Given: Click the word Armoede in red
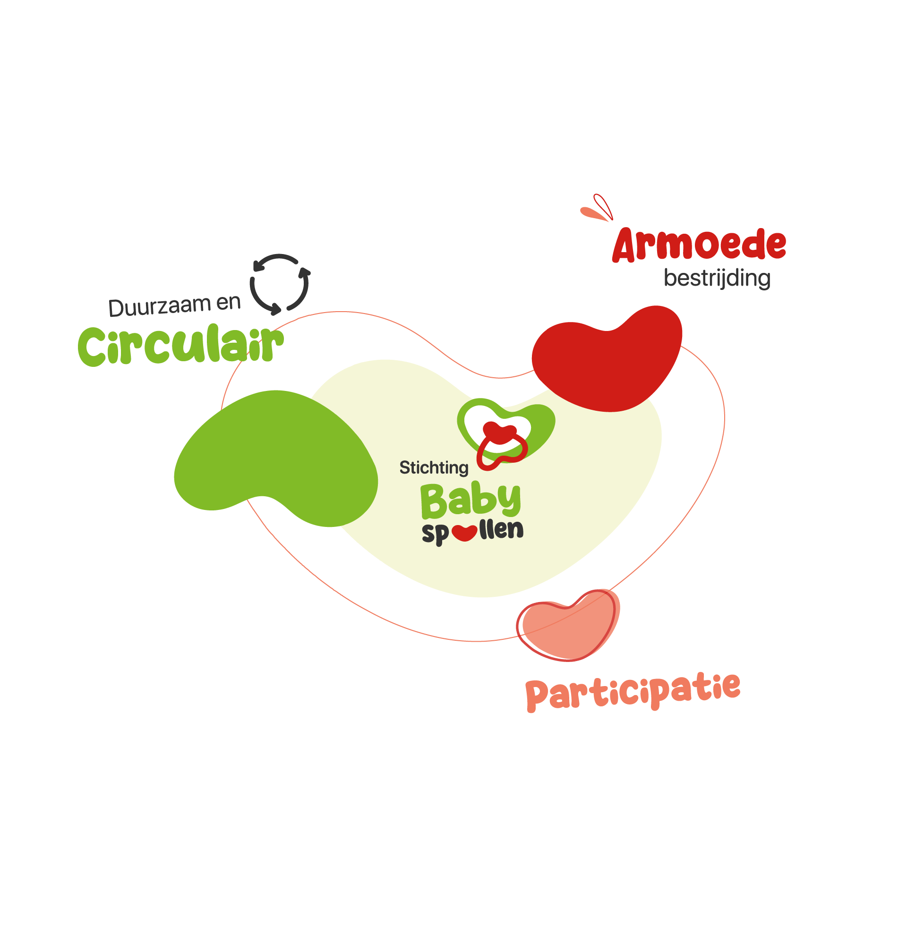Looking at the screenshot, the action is click(699, 245).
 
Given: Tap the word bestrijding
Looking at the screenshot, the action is click(717, 278).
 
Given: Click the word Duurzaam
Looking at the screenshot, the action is click(160, 306).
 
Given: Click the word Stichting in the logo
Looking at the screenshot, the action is click(434, 468).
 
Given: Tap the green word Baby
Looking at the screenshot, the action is click(471, 500).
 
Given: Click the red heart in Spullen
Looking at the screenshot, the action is click(465, 533).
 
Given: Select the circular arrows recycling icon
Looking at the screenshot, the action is click(280, 284).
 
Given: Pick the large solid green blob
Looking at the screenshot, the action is click(276, 458).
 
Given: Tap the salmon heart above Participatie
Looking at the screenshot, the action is click(569, 625).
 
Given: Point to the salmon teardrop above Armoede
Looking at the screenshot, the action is click(593, 213).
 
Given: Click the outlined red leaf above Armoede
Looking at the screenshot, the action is click(603, 206).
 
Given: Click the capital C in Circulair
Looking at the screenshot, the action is click(92, 347).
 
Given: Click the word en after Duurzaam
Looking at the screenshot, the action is click(228, 303).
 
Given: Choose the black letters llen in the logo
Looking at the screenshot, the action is click(501, 530).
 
